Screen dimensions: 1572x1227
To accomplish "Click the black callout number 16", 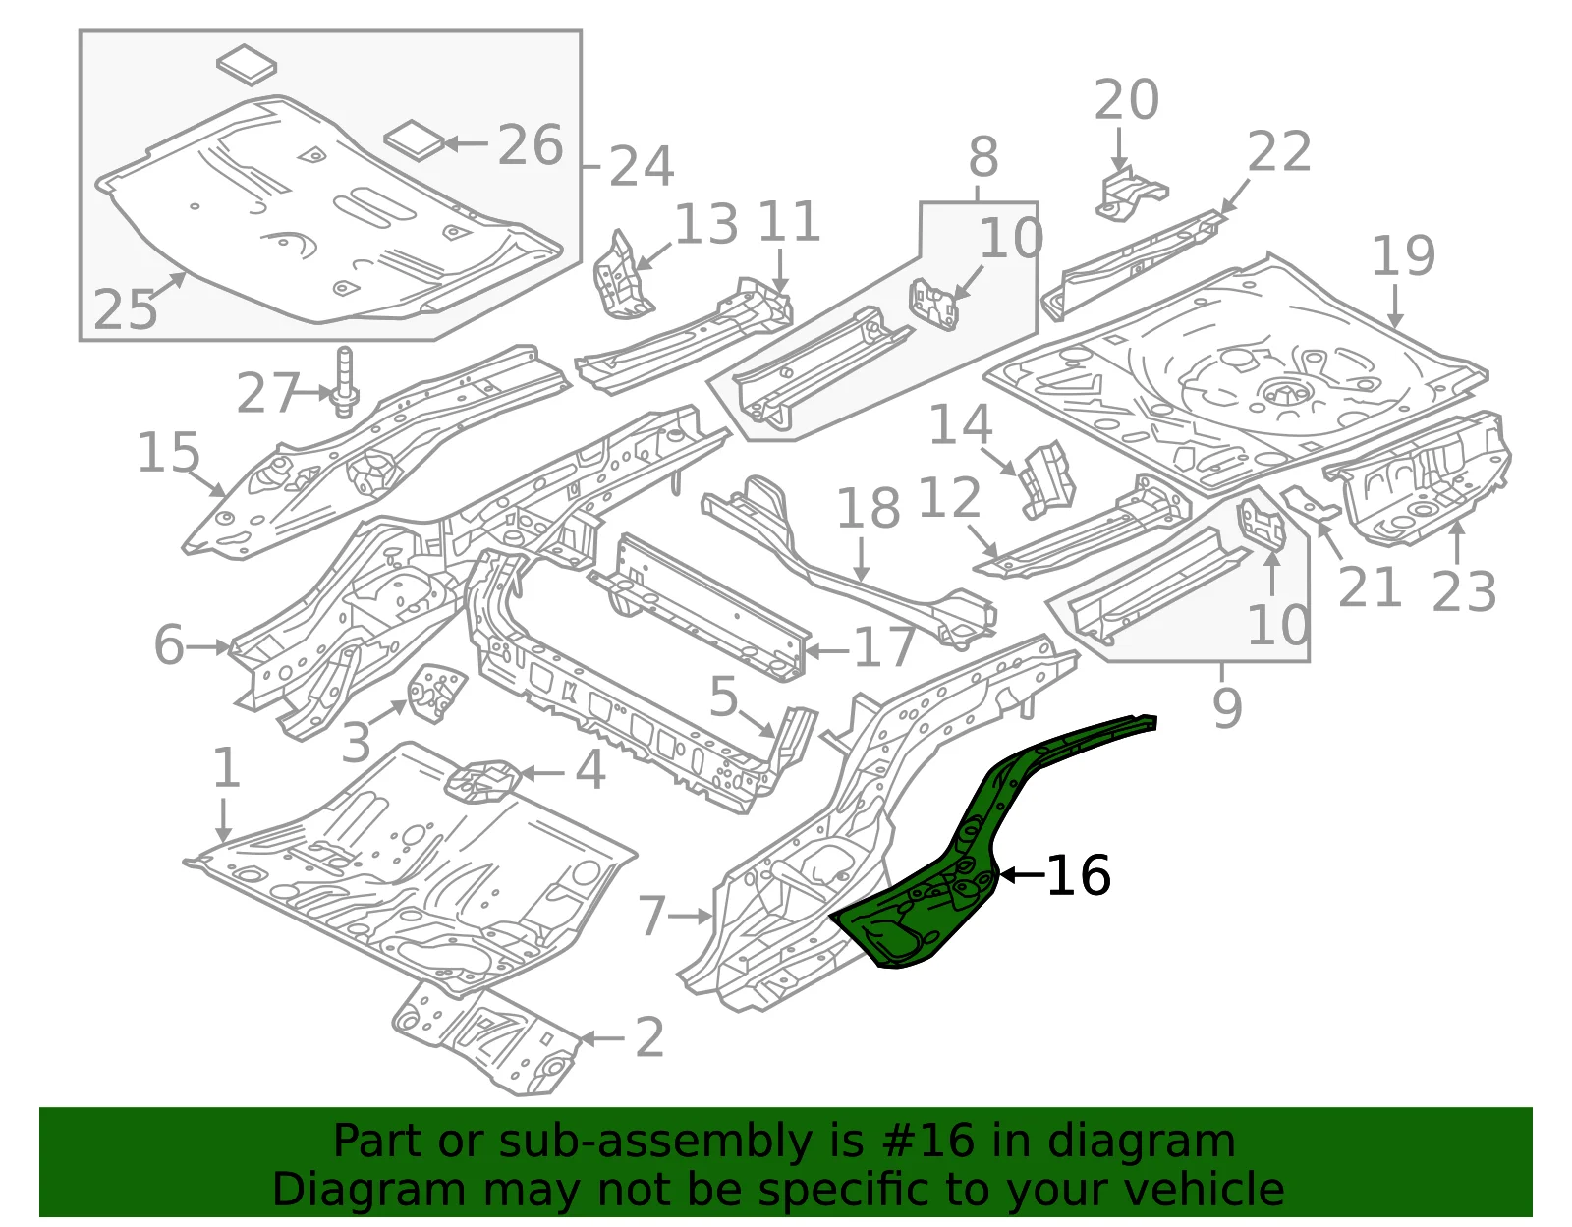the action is pyautogui.click(x=1078, y=875).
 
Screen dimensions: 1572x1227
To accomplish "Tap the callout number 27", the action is pyautogui.click(x=267, y=393).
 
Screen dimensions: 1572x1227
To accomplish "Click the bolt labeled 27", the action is pyautogui.click(x=344, y=382).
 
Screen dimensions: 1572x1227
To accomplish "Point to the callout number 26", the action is pyautogui.click(x=531, y=144).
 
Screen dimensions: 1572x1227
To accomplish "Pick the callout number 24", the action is pyautogui.click(x=642, y=166).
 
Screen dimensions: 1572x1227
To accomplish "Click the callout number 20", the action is pyautogui.click(x=1126, y=99).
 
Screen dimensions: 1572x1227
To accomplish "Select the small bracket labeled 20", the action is pyautogui.click(x=1130, y=194).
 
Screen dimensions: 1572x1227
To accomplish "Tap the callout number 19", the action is pyautogui.click(x=1403, y=255).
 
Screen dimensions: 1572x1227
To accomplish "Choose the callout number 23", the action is pyautogui.click(x=1464, y=591).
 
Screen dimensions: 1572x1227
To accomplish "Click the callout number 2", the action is pyautogui.click(x=648, y=1036).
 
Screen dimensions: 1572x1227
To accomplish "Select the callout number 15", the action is pyautogui.click(x=168, y=453).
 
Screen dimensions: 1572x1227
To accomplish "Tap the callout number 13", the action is pyautogui.click(x=706, y=223).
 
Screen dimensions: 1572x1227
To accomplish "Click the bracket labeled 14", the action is pyautogui.click(x=1046, y=479).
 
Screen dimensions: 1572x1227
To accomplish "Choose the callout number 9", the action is pyautogui.click(x=1227, y=707).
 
